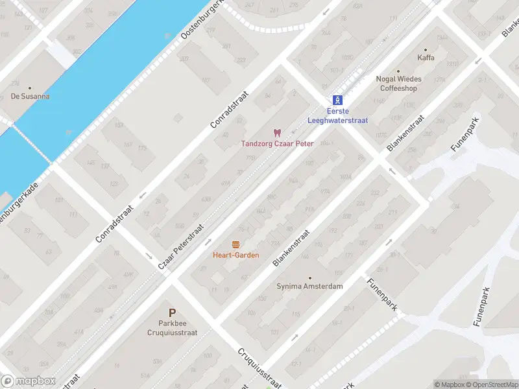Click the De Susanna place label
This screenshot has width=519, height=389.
(x=30, y=97)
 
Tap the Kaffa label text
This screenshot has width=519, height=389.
(x=426, y=58)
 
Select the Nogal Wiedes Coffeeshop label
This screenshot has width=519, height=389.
(x=398, y=84)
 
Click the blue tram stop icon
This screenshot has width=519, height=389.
(x=337, y=100)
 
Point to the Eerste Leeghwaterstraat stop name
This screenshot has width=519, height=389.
(x=337, y=115)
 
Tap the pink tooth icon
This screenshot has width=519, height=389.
(x=278, y=132)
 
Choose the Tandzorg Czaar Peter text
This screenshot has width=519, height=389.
(x=277, y=143)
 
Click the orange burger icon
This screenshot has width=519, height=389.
(x=235, y=244)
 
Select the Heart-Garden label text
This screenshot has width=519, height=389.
(x=235, y=255)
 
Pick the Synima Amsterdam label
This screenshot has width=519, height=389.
(x=309, y=286)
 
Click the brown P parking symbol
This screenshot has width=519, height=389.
(x=172, y=312)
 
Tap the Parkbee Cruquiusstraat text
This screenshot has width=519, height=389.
(x=172, y=327)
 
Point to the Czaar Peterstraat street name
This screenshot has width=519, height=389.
(x=182, y=248)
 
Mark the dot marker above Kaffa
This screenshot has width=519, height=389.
(x=426, y=49)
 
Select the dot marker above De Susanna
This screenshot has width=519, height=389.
(x=30, y=88)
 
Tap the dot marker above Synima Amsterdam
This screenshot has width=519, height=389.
(x=309, y=277)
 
